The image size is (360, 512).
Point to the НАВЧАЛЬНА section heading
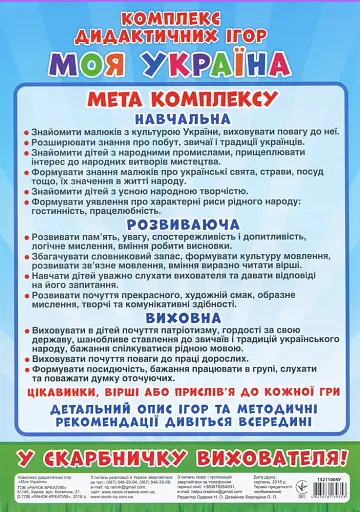coord(180,120)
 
